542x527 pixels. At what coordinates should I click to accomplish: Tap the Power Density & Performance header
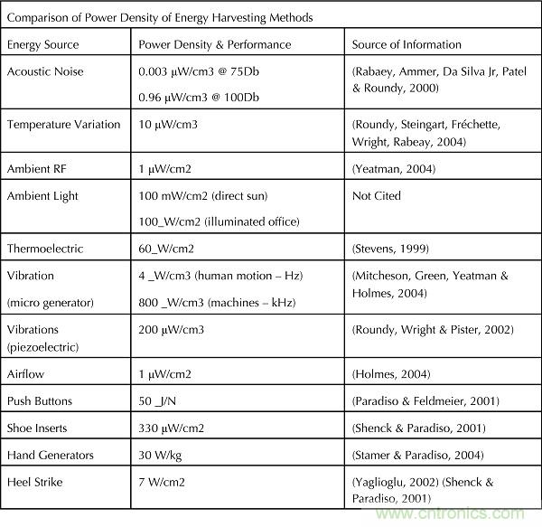click(x=214, y=44)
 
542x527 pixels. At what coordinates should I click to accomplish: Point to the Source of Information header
click(x=406, y=44)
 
